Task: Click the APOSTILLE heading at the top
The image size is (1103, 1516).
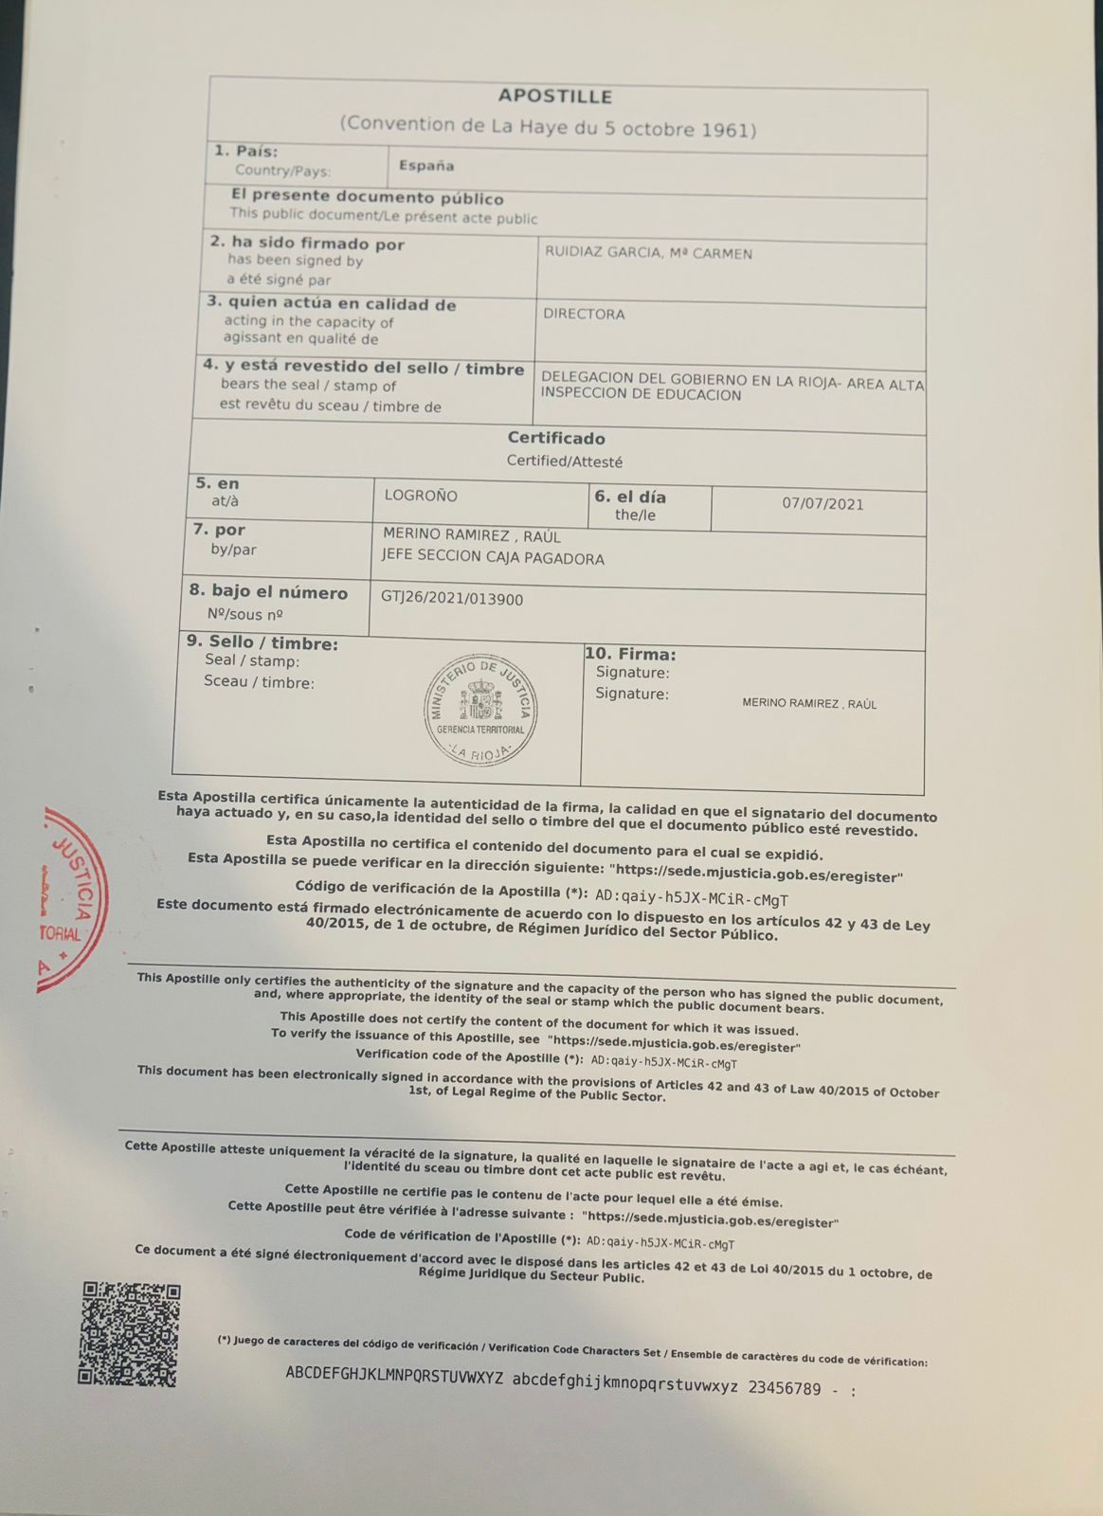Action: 555,96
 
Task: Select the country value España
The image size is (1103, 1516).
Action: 426,166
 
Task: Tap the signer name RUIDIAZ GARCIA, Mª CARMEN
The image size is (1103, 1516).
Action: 648,253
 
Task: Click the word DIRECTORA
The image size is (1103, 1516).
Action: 584,315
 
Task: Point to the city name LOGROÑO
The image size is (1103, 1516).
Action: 421,496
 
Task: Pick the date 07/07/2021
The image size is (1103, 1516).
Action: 823,504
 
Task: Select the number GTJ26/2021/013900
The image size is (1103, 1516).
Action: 452,599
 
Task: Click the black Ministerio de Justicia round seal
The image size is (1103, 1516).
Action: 479,710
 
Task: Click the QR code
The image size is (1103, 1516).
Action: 129,1334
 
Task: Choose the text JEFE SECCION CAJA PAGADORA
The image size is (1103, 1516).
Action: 492,558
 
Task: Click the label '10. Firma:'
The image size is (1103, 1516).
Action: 630,654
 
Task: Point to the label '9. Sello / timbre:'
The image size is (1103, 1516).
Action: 262,643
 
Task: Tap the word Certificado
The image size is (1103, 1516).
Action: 556,439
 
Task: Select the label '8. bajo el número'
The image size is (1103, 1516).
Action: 269,593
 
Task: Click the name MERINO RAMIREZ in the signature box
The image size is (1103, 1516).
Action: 809,704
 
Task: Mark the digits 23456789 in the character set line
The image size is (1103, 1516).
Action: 785,1388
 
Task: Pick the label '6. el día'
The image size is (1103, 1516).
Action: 630,496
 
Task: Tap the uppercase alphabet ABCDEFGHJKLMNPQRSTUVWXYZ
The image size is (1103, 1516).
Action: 394,1375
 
